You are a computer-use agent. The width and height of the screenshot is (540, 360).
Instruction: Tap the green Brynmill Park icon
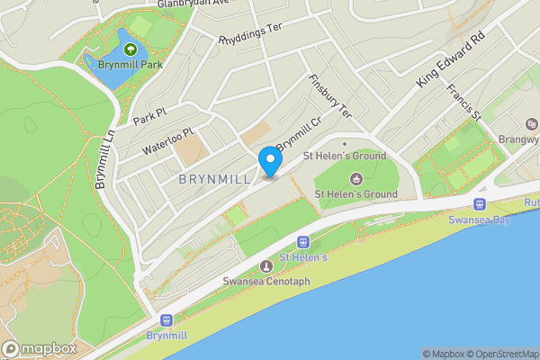pos(131,49)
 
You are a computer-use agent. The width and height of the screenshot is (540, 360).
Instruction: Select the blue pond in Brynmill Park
pos(108,70)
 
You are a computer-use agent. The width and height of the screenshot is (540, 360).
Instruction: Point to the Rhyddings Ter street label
pos(250,32)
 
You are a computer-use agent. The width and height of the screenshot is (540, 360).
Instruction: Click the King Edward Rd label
pos(451,60)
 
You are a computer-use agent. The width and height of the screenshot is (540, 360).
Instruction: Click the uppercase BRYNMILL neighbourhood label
pos(213,180)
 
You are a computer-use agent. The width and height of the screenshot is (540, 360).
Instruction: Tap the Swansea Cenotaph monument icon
pos(265,266)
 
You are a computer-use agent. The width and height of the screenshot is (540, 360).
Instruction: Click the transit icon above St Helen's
pos(303,242)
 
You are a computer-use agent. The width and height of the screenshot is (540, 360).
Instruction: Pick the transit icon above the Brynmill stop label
pos(165,319)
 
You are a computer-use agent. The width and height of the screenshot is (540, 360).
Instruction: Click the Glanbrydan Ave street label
pos(194,4)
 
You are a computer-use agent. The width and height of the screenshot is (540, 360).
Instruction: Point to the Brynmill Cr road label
pos(299,134)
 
